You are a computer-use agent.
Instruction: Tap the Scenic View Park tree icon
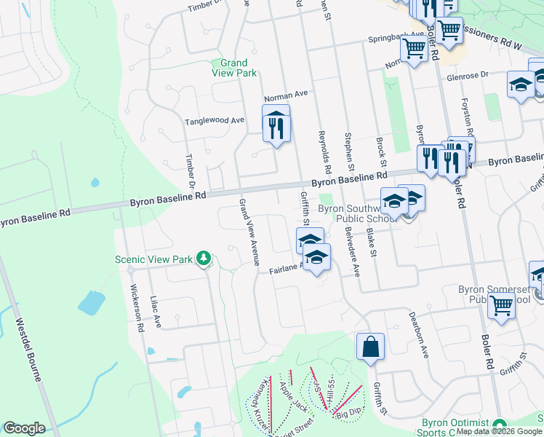(205, 258)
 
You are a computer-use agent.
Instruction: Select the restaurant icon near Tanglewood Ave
(276, 126)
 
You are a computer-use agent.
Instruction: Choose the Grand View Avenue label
(249, 232)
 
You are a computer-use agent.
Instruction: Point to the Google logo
(24, 428)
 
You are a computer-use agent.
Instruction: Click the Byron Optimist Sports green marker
(499, 425)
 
